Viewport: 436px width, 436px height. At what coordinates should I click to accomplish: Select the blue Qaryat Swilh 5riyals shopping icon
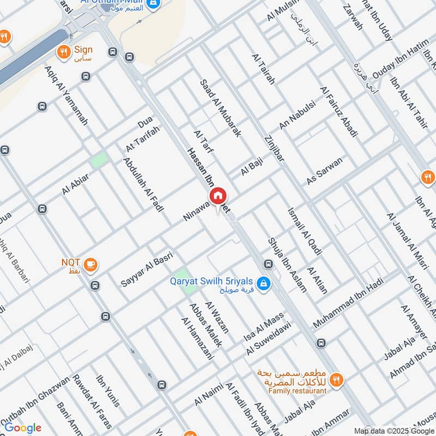[x=263, y=283]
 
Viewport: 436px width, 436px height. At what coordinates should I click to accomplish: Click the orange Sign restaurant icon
[x=64, y=52]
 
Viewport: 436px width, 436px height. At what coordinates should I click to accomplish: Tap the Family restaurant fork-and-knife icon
[x=336, y=379]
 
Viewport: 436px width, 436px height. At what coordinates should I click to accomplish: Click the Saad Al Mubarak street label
[x=220, y=108]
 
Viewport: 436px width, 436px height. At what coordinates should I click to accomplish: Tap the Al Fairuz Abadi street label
[x=339, y=112]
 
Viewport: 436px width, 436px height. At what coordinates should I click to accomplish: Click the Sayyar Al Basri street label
[x=147, y=269]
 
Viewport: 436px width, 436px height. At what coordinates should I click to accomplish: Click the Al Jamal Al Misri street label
[x=405, y=240]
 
